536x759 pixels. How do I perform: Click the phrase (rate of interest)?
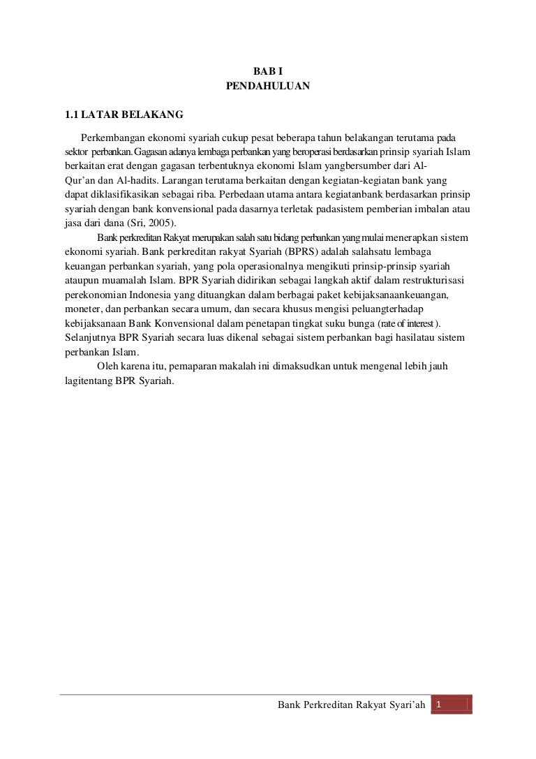410,324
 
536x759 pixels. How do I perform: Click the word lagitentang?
84,382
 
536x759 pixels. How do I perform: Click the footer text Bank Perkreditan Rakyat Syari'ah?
351,708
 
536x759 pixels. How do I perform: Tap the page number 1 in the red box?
438,707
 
